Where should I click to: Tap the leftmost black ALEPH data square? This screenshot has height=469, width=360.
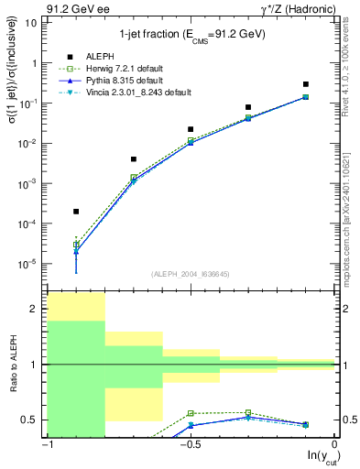tap(76, 212)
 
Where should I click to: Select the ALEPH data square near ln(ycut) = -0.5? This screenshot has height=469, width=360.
tap(191, 129)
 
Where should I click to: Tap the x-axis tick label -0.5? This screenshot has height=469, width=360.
tap(190, 444)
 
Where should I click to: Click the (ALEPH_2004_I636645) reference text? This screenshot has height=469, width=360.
tap(191, 274)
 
